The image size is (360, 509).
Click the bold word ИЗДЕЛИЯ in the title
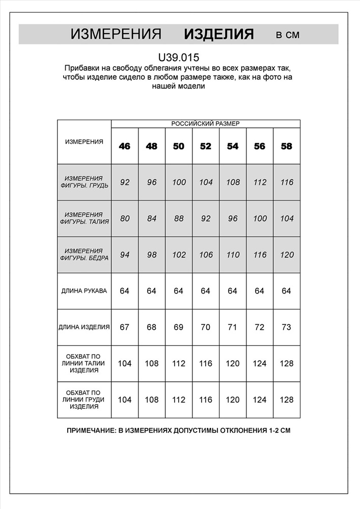point(218,34)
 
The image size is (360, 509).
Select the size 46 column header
point(125,146)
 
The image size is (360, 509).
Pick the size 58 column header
point(287,146)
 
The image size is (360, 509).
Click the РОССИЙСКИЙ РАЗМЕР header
point(205,124)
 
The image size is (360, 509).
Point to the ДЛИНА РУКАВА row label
point(84,291)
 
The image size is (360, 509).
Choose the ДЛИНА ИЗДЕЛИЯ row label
point(84,327)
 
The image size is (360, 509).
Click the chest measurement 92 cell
point(125,182)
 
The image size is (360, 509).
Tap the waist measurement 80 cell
point(125,218)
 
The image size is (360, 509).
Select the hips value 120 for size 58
point(287,255)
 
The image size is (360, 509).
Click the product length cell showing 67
point(125,327)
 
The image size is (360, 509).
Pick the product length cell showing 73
point(287,327)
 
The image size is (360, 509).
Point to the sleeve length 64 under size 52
point(206,291)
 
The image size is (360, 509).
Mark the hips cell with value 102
point(179,255)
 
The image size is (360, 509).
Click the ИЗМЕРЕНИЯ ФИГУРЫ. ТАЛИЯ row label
point(84,218)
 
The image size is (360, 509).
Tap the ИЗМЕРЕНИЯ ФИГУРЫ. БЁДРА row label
point(84,255)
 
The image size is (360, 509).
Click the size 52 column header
point(206,146)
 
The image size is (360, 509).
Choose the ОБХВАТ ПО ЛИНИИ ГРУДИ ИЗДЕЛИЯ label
point(84,400)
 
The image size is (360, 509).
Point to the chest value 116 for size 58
point(287,182)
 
